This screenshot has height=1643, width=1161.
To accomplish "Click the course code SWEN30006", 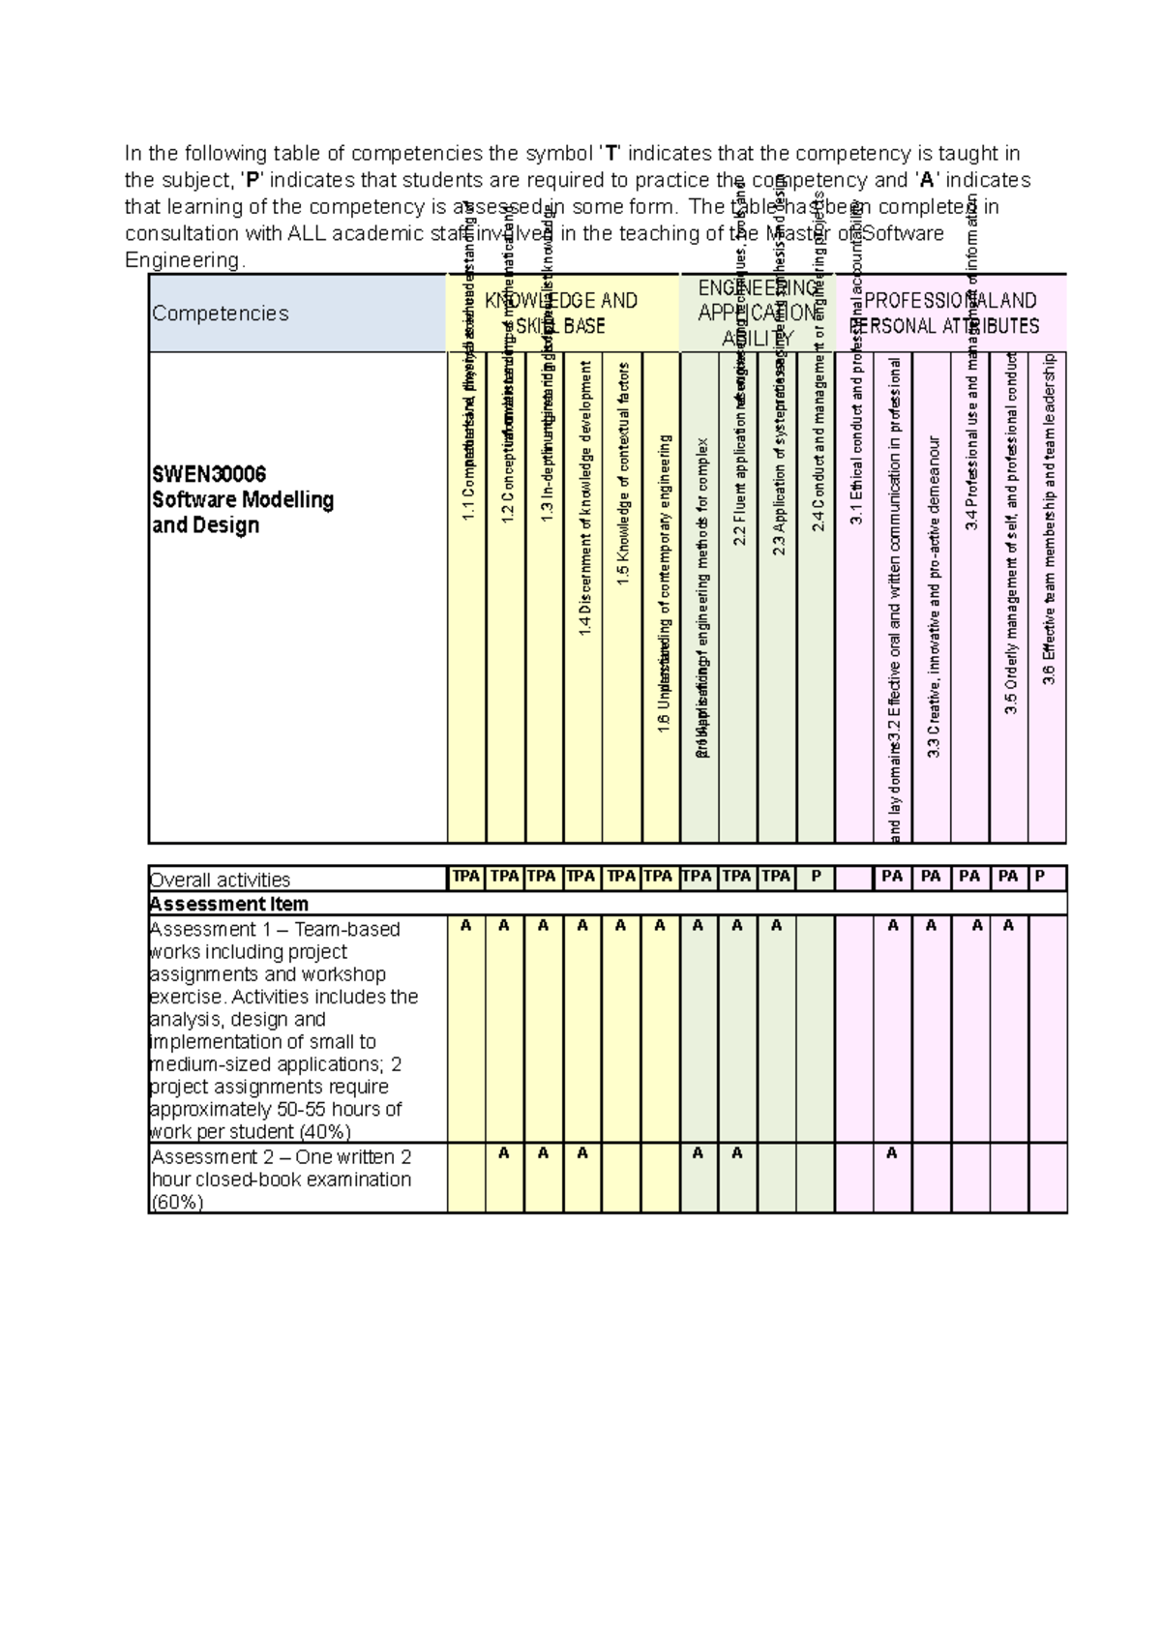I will point(209,474).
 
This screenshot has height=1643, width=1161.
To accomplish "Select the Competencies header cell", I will point(221,314).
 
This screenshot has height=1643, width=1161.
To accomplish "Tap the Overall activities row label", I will point(220,880).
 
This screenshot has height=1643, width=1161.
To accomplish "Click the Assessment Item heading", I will point(229,904).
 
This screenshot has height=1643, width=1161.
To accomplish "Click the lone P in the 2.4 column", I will point(816,877).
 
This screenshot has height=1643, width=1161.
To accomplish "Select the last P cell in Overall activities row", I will point(1040,877).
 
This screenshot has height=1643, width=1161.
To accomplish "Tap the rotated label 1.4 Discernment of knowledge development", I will point(583,498).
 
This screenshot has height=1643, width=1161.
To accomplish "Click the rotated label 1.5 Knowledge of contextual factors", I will point(623,474).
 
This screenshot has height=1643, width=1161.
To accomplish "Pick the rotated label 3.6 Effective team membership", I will point(1049,518).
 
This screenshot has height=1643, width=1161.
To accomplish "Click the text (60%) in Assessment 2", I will point(177,1203).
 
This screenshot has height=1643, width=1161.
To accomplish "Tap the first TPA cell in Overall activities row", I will point(466,877).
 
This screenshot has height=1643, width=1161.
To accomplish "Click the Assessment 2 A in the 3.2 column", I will point(892,1153).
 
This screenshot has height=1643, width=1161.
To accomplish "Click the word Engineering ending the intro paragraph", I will point(184,260).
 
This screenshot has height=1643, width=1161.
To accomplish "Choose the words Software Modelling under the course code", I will point(243,500).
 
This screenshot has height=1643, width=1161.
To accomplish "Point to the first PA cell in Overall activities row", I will point(892,877).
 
